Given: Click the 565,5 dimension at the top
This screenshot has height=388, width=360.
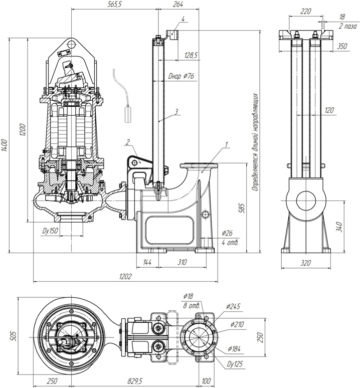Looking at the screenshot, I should tap(114, 4).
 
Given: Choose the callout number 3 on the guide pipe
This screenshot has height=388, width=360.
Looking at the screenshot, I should tap(176, 112).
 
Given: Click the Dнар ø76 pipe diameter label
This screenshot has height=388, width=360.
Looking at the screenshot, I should tap(182, 76).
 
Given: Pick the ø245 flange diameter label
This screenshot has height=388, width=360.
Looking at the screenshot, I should tap(234, 305).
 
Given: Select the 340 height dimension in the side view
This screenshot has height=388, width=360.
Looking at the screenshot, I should tap(353, 226).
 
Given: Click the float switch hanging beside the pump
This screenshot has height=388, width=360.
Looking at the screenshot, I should tap(127, 113).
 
